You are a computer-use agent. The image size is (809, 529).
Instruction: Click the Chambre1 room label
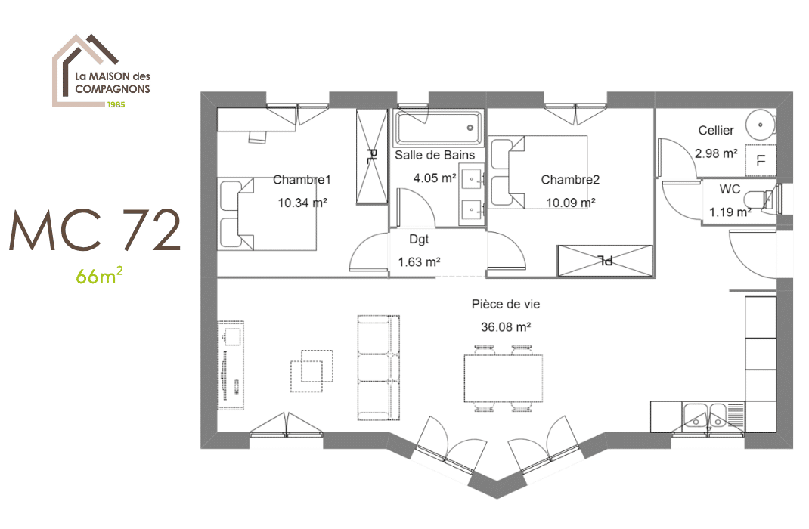click(302, 180)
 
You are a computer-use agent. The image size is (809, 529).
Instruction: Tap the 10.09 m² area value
click(570, 203)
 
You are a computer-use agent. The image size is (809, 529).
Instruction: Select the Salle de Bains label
click(435, 155)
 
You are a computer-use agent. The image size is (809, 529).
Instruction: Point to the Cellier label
click(715, 131)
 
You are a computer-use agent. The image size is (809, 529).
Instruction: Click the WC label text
click(730, 189)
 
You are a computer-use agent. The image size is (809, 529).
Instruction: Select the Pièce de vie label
click(505, 304)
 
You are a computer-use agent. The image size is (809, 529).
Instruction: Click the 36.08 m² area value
click(505, 327)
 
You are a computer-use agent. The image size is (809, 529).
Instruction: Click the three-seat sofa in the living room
click(377, 367)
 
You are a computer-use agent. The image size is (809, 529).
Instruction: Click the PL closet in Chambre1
click(371, 156)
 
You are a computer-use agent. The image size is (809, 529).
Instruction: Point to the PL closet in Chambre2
click(604, 260)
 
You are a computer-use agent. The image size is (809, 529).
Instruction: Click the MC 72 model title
click(95, 231)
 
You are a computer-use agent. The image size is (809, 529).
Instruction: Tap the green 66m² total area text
click(99, 276)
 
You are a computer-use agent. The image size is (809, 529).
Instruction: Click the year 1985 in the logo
click(116, 104)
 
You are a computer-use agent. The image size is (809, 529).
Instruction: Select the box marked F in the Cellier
click(761, 159)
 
